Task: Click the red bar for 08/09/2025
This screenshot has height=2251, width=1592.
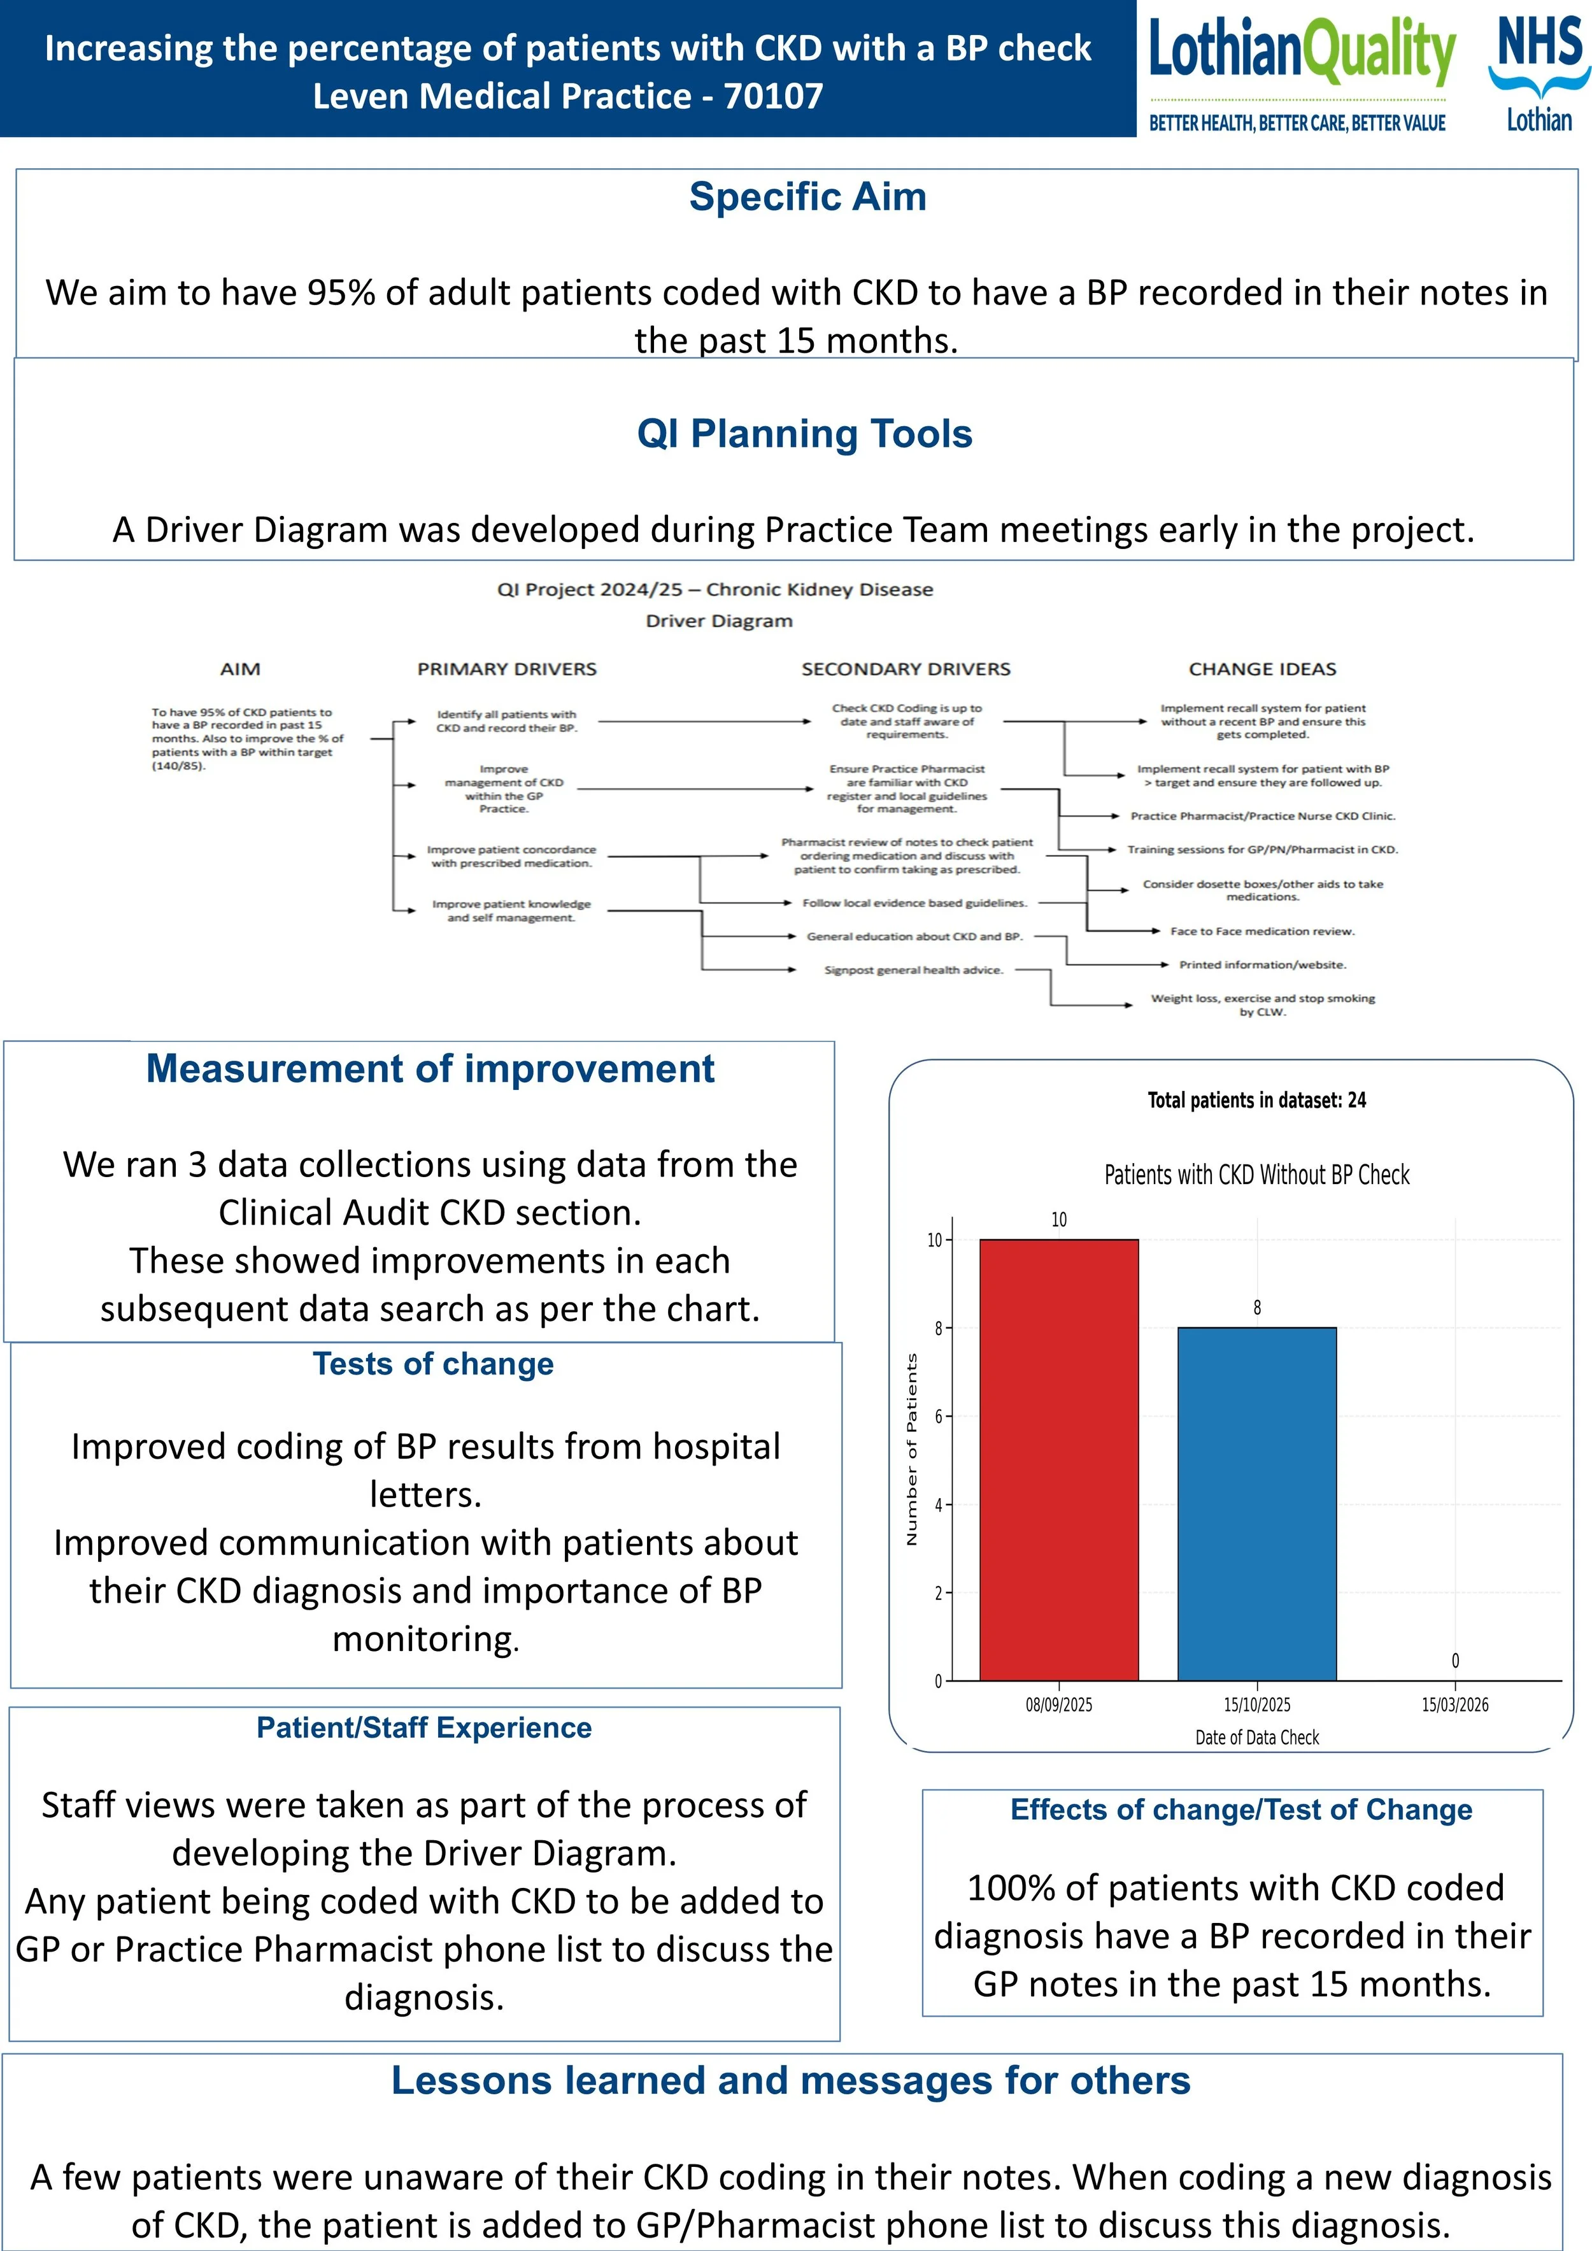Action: [x=1059, y=1460]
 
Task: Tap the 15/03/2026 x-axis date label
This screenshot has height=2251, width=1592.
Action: [x=1454, y=1705]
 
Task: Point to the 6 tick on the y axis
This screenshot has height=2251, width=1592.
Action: [x=937, y=1417]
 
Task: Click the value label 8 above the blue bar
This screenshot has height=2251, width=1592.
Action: [x=1257, y=1308]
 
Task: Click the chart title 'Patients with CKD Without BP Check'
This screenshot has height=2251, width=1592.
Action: [x=1257, y=1175]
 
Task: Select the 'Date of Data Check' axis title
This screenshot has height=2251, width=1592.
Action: [x=1257, y=1737]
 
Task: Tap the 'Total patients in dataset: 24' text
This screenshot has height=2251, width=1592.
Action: [x=1257, y=1100]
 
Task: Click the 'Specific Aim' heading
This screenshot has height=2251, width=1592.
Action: [x=807, y=197]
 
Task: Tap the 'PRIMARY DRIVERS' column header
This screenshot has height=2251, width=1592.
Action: [x=507, y=669]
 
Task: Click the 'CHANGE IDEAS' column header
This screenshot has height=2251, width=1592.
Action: [x=1263, y=669]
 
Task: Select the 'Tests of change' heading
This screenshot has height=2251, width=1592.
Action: [x=433, y=1364]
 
